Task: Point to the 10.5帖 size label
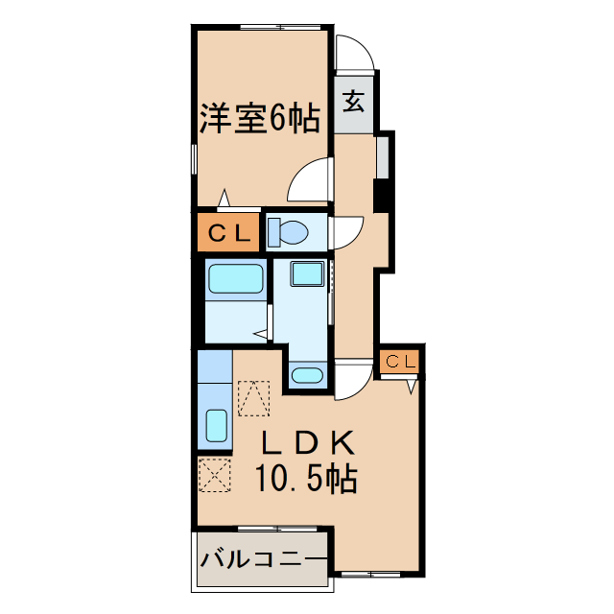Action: (306, 477)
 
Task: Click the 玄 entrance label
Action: (354, 100)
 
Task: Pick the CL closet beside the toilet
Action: (227, 231)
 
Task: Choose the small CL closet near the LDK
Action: (401, 362)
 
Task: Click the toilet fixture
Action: (288, 231)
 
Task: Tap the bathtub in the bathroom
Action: (235, 279)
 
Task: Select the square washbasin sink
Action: (308, 274)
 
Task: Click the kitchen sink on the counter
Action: (216, 424)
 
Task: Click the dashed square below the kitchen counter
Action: (215, 475)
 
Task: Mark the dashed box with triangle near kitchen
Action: (254, 398)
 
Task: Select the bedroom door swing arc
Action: (309, 180)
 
